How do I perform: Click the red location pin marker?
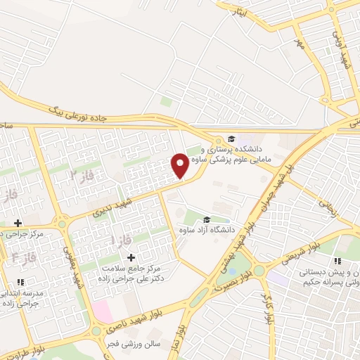(x=181, y=165)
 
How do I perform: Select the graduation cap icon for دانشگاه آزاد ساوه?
(x=206, y=219)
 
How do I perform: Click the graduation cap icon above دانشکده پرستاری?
(x=231, y=139)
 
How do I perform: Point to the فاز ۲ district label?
(x=82, y=172)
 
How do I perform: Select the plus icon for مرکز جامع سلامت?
(x=131, y=257)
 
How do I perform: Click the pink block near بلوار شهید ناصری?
(x=102, y=309)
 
